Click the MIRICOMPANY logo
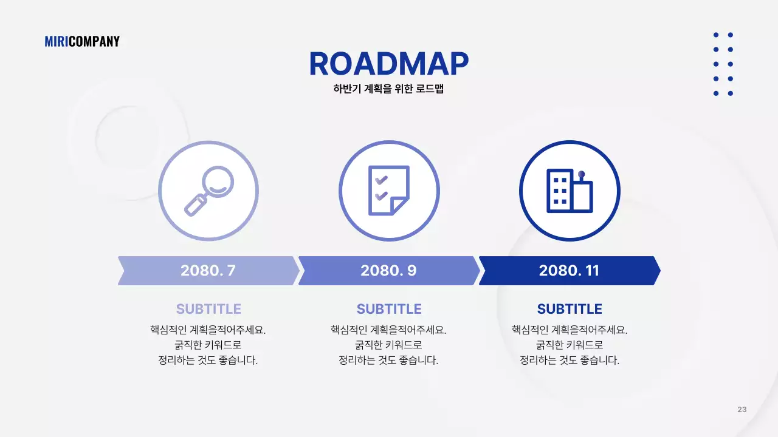tap(82, 41)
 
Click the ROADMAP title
tap(389, 64)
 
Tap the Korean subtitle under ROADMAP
tap(389, 89)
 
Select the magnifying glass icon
tap(208, 191)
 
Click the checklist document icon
tap(389, 191)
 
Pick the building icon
tap(570, 191)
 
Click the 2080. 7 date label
tap(208, 271)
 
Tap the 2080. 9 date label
tap(388, 271)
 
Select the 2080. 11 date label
tap(569, 271)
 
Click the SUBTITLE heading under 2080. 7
tap(208, 309)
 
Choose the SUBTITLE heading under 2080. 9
tap(389, 309)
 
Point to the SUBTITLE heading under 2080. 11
tap(570, 309)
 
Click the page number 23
tap(742, 409)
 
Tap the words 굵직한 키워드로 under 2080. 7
tap(208, 345)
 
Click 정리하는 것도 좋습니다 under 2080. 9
tap(388, 360)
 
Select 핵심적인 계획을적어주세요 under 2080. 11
tap(570, 330)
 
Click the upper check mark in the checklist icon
tap(381, 180)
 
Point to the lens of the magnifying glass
tap(218, 181)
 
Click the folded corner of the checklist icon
tap(400, 206)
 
